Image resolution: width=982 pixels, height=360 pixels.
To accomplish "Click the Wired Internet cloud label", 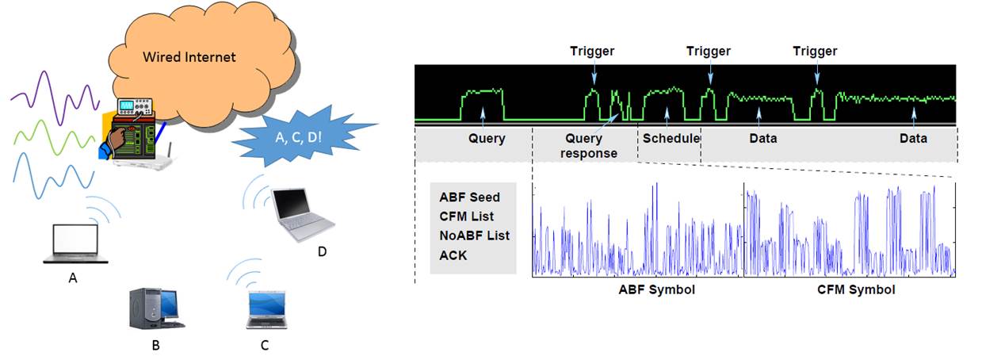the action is tap(189, 57).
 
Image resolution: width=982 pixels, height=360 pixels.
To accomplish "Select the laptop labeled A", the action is tap(75, 243).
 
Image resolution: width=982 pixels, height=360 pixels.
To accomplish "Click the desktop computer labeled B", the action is tap(156, 308).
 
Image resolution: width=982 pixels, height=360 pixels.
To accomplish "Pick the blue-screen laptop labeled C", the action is tap(266, 309).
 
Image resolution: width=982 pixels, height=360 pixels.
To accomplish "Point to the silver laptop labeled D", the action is tap(303, 215).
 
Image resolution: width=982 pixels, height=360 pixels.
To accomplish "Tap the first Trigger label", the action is tap(592, 52).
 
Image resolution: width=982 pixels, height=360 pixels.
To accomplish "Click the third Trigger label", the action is tap(815, 52).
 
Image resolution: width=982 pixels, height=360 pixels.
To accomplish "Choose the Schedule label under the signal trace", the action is tap(671, 138).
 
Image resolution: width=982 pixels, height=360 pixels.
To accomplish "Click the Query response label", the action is tap(588, 146).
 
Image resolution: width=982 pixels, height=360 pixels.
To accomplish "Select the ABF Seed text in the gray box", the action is tap(469, 197).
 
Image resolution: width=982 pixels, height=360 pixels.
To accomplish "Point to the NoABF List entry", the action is tap(474, 236).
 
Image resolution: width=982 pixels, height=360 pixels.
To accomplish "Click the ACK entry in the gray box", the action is tap(453, 255).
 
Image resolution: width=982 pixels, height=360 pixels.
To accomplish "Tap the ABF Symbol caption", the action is tap(657, 290).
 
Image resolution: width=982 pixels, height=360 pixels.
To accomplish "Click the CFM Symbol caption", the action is tap(856, 290).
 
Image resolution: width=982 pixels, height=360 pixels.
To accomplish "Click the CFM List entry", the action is tap(467, 216).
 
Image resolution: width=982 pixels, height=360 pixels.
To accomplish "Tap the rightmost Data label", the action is tap(913, 139).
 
